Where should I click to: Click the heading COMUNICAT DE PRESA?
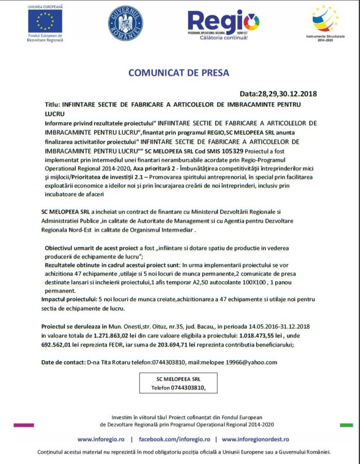178,73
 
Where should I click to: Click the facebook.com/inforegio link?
173,439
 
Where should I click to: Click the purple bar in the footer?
23,425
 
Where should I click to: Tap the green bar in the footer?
346,425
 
